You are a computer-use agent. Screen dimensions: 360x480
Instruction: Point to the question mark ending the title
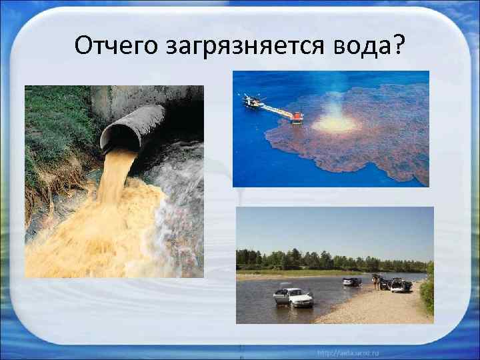[398, 45]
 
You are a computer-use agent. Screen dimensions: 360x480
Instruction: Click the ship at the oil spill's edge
[253, 101]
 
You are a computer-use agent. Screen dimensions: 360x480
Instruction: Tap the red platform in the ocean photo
[297, 117]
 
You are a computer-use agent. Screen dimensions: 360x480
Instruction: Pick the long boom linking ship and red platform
[275, 109]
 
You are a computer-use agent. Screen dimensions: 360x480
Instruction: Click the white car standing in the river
[293, 297]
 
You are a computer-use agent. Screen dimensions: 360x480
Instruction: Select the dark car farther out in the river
[351, 281]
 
